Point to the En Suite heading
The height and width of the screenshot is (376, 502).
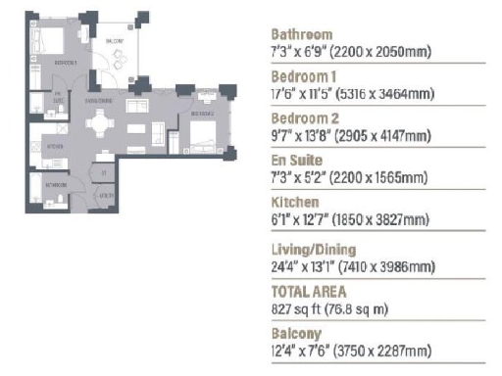coord(296,159)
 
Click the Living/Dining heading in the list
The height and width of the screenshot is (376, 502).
coord(313,250)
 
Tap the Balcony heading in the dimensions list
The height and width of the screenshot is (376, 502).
coord(295,332)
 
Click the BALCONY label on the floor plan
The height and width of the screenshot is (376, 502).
coord(114,40)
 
